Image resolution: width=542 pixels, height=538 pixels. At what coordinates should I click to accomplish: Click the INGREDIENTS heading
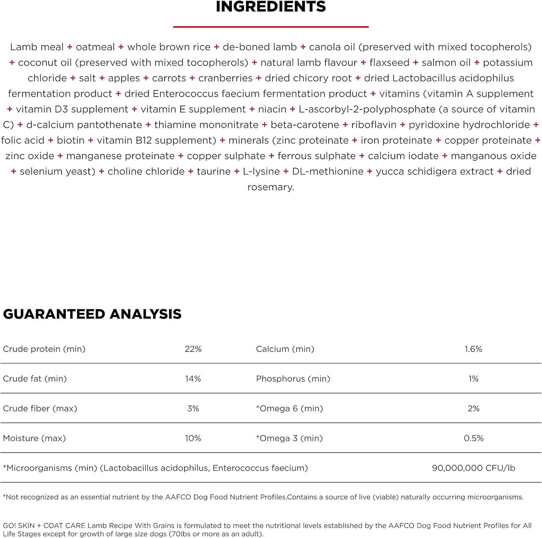point(271,7)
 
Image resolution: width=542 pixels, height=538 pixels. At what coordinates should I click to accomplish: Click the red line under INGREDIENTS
point(271,27)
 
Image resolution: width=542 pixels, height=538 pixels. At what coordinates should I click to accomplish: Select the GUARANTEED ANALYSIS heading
point(92,314)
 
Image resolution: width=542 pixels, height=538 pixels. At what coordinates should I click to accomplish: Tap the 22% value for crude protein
point(193,349)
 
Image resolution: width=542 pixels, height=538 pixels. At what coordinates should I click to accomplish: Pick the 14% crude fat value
point(193,379)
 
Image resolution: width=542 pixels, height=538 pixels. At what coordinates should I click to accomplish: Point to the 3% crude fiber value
point(193,408)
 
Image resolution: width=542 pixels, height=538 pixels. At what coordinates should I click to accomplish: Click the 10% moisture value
point(193,438)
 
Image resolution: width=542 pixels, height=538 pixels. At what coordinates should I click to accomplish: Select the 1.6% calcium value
point(473,349)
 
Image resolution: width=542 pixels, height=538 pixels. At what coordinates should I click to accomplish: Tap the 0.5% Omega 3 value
point(473,438)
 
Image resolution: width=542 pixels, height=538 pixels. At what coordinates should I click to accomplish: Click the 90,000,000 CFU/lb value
point(473,468)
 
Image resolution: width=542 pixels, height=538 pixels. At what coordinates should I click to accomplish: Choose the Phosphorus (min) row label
point(293,379)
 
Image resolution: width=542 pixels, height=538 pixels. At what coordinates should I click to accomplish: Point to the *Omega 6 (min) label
point(289,408)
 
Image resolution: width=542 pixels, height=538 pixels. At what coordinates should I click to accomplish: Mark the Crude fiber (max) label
point(40,408)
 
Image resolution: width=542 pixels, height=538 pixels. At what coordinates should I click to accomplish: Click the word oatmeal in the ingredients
point(95,47)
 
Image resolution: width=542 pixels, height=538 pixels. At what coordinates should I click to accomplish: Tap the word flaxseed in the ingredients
point(389,63)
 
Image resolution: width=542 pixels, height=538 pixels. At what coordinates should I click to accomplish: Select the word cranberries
point(225,78)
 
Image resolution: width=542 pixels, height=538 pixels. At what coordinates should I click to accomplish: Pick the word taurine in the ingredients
point(214,171)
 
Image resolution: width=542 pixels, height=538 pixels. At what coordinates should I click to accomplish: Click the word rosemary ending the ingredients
point(270,187)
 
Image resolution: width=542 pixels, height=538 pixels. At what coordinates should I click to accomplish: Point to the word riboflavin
point(374,125)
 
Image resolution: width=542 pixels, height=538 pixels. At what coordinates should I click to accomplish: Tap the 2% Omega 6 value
point(473,408)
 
